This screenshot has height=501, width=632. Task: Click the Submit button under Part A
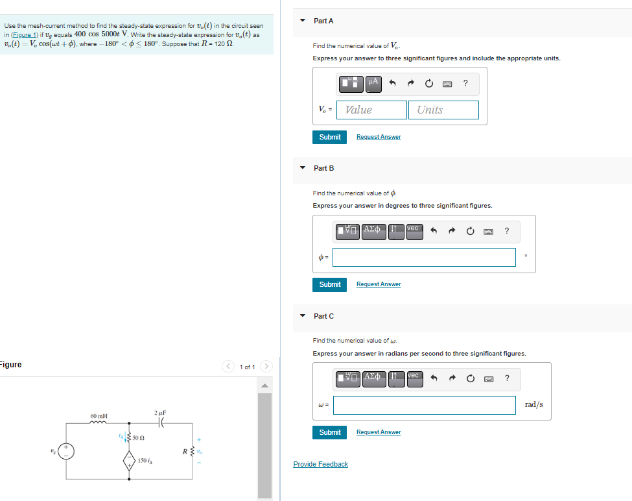[330, 137]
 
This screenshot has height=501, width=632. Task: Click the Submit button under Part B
[330, 284]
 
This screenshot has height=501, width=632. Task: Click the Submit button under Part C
[330, 432]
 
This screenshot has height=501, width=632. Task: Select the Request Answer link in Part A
[379, 137]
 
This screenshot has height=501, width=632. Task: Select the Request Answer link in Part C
[379, 432]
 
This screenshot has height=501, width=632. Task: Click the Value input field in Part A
[372, 110]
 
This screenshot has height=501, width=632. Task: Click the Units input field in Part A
[443, 110]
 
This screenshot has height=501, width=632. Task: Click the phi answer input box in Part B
[425, 257]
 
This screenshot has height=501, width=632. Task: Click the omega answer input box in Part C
[425, 405]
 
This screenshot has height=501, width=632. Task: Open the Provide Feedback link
[320, 464]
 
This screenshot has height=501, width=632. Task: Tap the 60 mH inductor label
[99, 416]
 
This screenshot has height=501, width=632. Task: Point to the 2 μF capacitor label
[160, 413]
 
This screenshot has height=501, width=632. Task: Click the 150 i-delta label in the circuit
[145, 461]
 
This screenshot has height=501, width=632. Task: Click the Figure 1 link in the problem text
[26, 34]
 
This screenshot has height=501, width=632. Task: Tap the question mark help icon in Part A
[465, 82]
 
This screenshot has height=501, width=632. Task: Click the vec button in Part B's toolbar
[414, 229]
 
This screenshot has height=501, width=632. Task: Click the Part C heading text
[323, 316]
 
